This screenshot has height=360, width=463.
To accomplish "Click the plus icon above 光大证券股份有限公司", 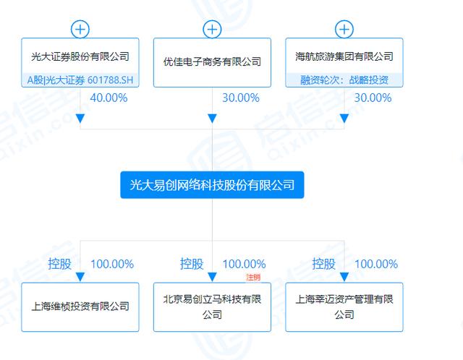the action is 80,29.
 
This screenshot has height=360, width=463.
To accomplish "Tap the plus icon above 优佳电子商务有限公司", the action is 212,29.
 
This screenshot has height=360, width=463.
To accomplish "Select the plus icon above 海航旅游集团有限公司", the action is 344,29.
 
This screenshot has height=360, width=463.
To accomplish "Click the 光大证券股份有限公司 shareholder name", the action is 80,56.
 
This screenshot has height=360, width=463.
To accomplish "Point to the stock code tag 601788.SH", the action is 110,80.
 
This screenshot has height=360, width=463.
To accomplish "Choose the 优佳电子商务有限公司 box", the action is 212,63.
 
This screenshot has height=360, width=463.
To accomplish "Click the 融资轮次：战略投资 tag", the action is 344,80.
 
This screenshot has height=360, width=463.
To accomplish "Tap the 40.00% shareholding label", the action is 109,98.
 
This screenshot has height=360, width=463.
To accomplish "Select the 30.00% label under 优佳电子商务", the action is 241,98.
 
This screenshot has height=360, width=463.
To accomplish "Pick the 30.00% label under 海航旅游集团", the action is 373,98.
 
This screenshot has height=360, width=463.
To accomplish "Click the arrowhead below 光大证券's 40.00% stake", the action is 80,119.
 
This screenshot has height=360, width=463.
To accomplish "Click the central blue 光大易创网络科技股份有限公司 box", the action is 212,185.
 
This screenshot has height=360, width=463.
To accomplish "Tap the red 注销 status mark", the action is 253,277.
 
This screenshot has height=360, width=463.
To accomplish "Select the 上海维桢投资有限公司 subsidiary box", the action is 80,307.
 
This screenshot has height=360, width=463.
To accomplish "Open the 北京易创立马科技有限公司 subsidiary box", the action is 212,307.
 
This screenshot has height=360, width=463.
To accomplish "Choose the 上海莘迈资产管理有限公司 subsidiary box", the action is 344,307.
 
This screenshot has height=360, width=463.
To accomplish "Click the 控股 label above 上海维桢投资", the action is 59,264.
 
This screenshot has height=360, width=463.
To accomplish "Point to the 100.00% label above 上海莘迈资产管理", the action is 376,264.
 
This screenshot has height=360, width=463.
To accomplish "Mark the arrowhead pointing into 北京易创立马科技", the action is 212,277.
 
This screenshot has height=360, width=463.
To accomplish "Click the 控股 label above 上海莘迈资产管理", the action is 323,264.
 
